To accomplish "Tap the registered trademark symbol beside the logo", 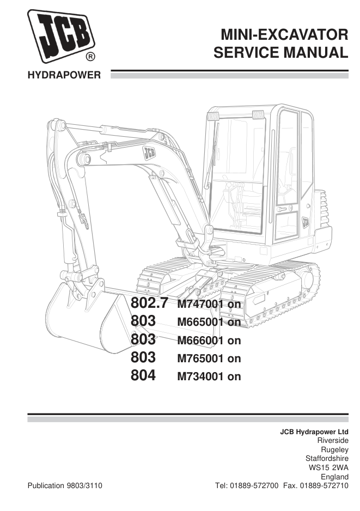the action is tap(90, 57).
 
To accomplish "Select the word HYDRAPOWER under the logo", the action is tap(64, 75).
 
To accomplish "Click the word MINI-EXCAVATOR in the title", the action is tap(284, 34).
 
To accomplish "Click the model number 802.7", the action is tap(150, 303).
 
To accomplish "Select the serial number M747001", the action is tap(200, 304).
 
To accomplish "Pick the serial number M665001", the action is tap(200, 322).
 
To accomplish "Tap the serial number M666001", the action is tap(200, 340).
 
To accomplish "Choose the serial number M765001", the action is tap(200, 358).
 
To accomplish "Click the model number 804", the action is tap(143, 375).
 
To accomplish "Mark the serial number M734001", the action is tap(200, 376).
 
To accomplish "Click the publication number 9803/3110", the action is tap(84, 485).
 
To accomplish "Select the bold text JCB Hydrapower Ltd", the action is tap(314, 432).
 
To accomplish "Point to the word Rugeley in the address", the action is tap(334, 450).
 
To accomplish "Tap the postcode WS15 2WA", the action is tap(328, 467).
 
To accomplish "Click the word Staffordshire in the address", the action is tap(327, 459).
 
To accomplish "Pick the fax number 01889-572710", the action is tap(324, 485).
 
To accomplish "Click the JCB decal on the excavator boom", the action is tap(149, 153).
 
